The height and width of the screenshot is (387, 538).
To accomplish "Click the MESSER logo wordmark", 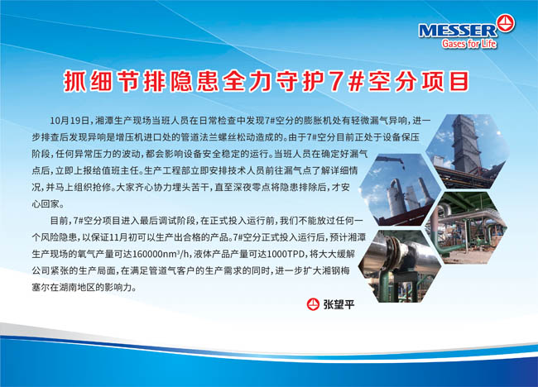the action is click(x=458, y=31).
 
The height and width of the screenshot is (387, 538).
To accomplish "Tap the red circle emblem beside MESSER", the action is click(x=506, y=23).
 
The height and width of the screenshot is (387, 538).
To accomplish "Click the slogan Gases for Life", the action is click(x=469, y=44).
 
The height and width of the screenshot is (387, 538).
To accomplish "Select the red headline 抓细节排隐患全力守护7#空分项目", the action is click(x=267, y=82).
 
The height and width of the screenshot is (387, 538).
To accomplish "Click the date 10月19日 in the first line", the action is click(x=70, y=121).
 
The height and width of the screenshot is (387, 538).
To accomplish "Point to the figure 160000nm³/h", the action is click(x=161, y=255).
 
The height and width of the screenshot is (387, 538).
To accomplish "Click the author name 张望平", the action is click(x=339, y=304).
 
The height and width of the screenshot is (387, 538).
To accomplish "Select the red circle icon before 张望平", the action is click(x=313, y=304).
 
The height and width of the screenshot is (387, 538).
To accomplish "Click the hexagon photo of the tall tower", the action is click(x=468, y=151).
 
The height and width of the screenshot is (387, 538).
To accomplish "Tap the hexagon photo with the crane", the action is click(x=400, y=189).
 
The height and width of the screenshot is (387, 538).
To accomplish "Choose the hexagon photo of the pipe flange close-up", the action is click(x=400, y=266).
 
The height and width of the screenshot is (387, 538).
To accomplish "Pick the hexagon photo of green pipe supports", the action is click(x=466, y=227).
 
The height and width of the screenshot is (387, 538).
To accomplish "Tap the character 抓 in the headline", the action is click(x=74, y=82).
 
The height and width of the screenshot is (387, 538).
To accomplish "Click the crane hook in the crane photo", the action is click(x=402, y=168).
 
